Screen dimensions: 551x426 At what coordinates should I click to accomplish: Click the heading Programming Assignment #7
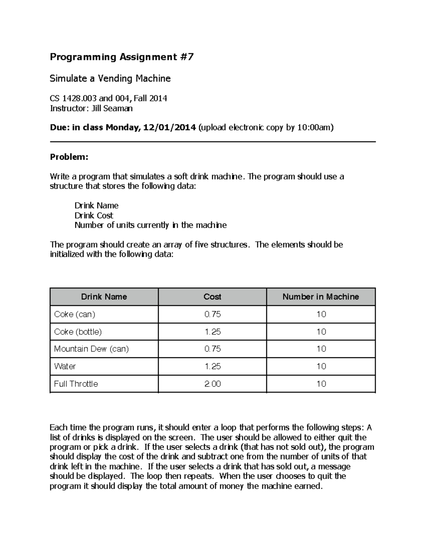[x=121, y=57]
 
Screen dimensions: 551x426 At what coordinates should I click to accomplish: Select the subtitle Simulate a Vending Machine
[x=110, y=78]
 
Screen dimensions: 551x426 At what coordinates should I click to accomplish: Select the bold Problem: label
[x=69, y=157]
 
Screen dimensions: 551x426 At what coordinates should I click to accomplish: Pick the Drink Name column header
[x=104, y=297]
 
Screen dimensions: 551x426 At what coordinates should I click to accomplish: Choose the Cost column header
[x=212, y=297]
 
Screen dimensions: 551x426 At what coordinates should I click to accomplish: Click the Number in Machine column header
[x=321, y=297]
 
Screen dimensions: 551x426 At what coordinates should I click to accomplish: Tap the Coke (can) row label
[x=75, y=314]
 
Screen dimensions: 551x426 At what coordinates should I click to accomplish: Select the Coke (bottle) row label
[x=78, y=332]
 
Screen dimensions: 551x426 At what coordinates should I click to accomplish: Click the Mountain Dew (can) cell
[x=91, y=349]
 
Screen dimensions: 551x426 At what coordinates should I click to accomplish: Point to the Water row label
[x=65, y=366]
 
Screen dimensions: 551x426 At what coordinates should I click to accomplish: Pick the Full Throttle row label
[x=76, y=384]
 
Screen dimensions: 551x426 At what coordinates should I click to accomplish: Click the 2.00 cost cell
[x=213, y=384]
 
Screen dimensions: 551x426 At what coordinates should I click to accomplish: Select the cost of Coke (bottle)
[x=213, y=332]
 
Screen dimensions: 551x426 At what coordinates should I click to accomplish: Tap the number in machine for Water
[x=321, y=366]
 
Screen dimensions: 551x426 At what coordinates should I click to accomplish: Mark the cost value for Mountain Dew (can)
[x=213, y=349]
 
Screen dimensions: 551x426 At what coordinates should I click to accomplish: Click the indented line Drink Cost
[x=94, y=215]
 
